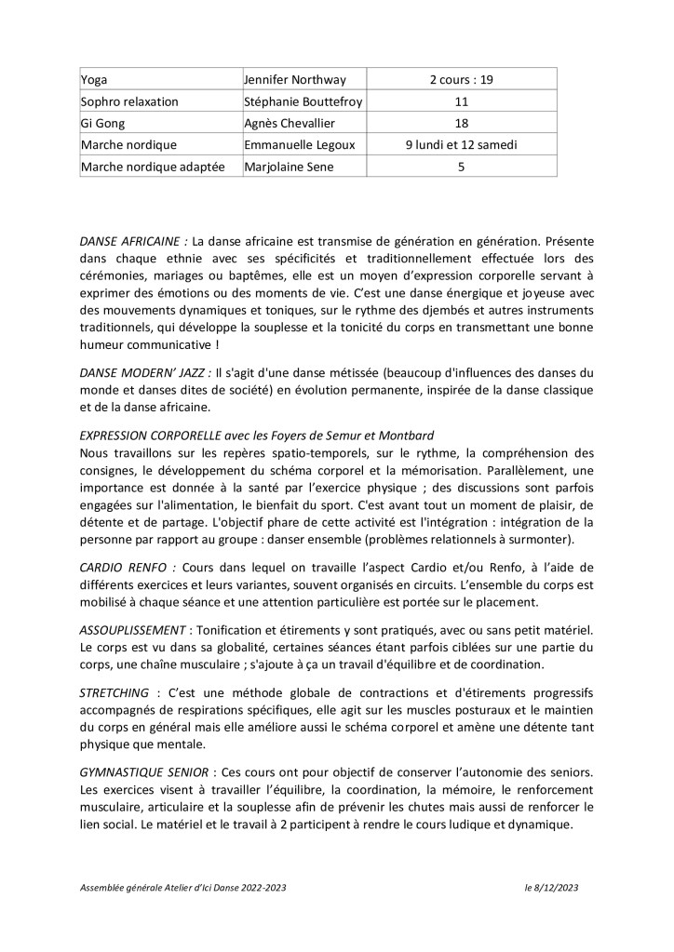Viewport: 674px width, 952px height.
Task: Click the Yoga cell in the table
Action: pyautogui.click(x=95, y=79)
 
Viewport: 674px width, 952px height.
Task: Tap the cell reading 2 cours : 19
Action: pyautogui.click(x=461, y=79)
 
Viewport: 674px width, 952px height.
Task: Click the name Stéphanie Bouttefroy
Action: pyautogui.click(x=302, y=101)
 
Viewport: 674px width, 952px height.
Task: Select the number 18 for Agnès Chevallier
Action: pyautogui.click(x=461, y=123)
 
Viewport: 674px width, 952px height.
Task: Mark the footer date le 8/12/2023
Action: pyautogui.click(x=552, y=889)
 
